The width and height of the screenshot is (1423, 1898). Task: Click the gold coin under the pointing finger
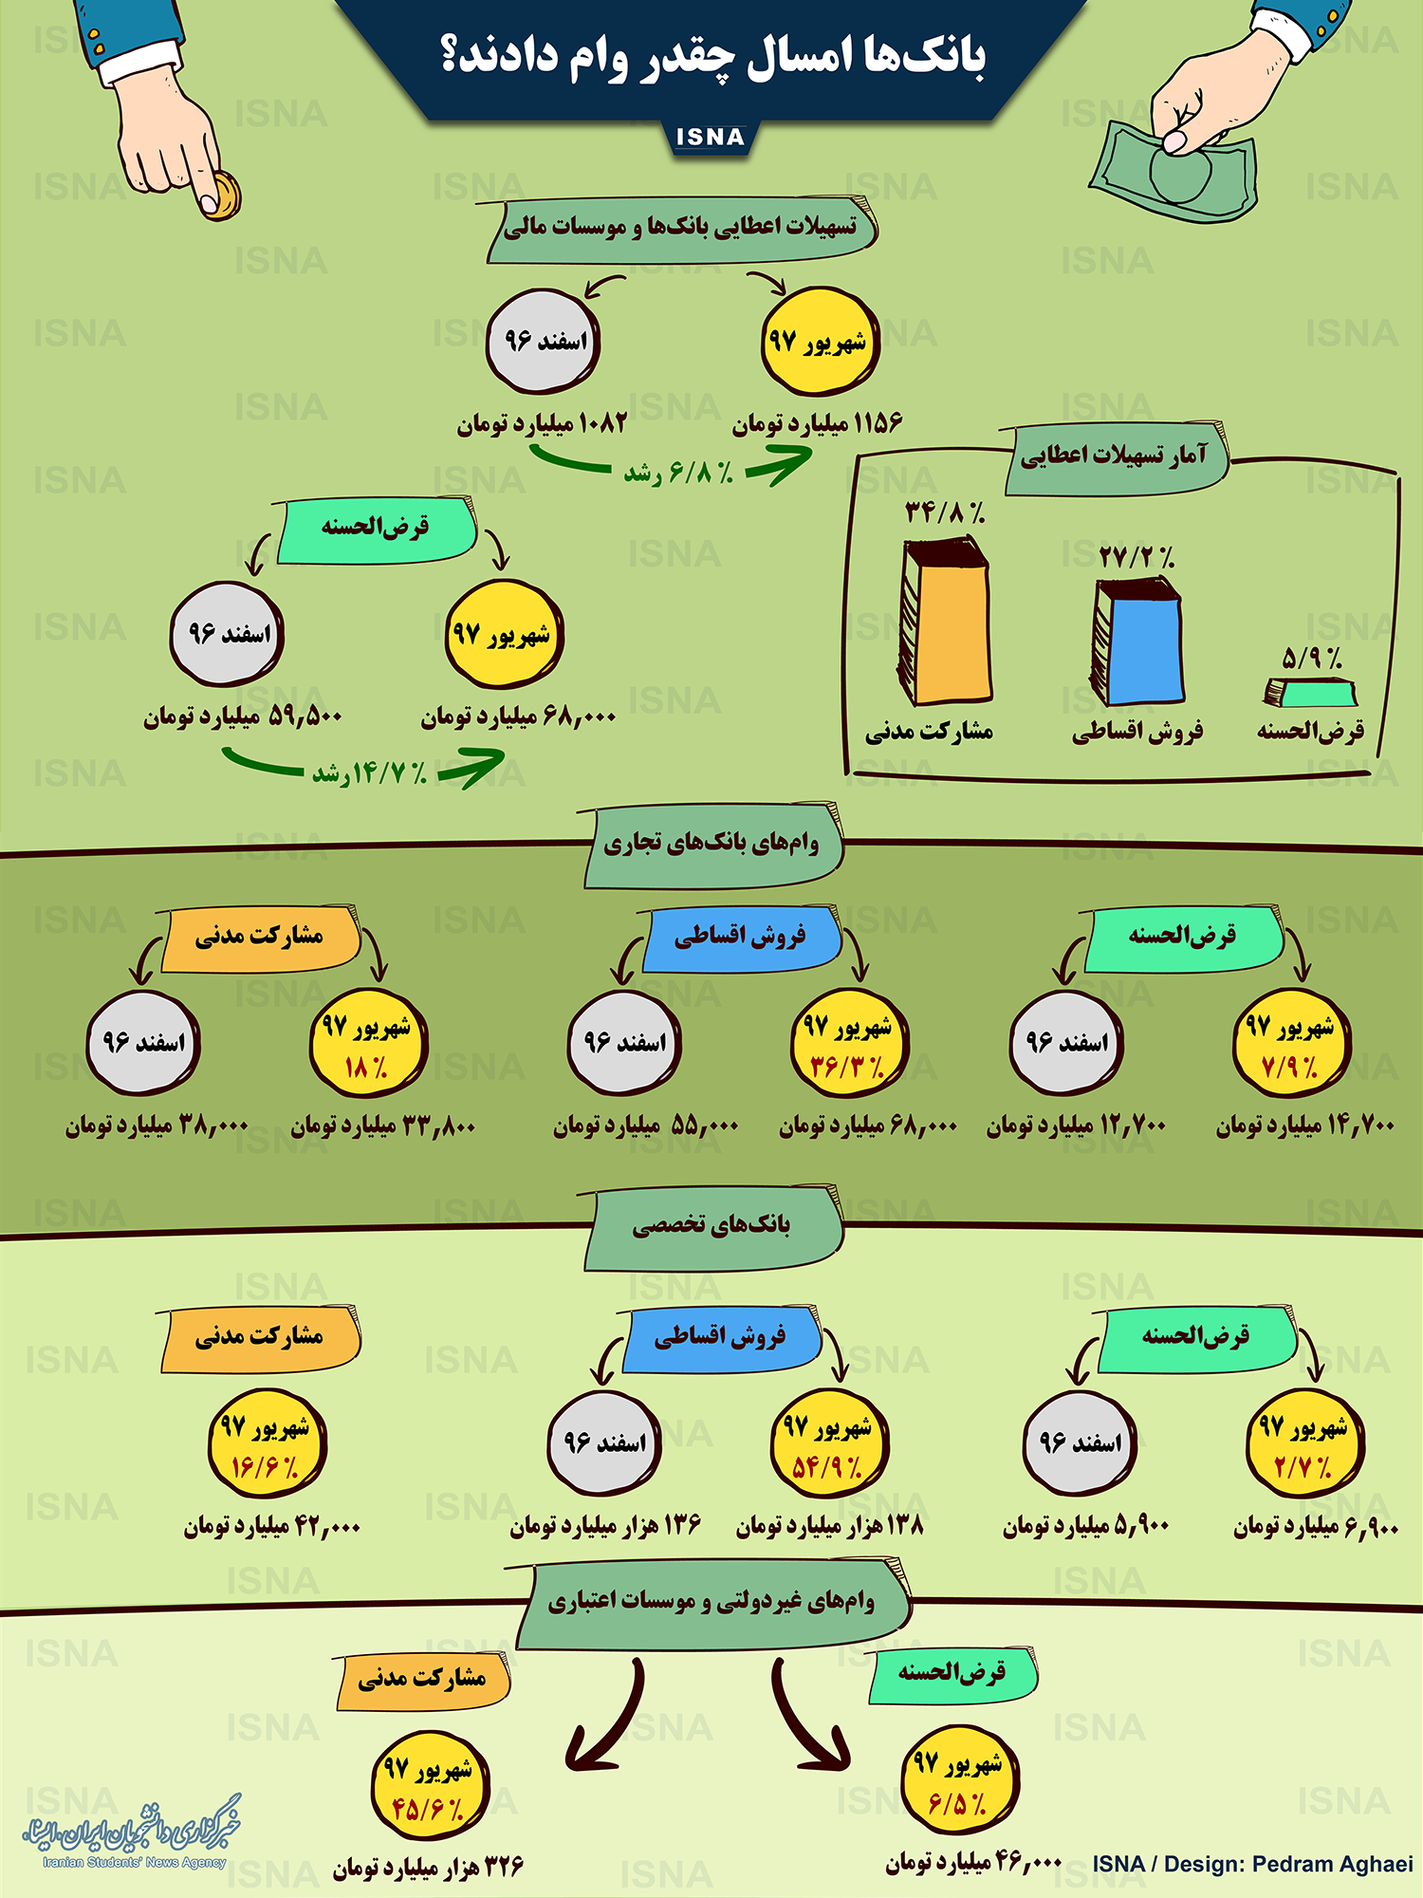point(222,196)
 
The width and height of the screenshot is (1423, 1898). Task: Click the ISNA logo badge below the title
point(710,138)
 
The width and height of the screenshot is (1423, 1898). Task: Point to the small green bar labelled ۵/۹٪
point(1311,693)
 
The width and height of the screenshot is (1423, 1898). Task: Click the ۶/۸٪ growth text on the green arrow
point(678,472)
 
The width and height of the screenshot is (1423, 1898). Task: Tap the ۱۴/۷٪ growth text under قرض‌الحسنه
point(370,773)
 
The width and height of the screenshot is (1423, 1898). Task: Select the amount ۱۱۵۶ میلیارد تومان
point(818,423)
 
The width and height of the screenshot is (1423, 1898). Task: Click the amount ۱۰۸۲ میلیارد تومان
point(543,423)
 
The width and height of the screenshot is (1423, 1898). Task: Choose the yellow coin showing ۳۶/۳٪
point(849,1044)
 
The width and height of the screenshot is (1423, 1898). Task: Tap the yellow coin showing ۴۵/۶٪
point(429,1787)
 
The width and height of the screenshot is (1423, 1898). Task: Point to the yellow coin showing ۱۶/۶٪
point(267,1444)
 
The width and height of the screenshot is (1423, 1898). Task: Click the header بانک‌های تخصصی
point(711,1226)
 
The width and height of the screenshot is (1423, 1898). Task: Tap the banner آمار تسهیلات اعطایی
point(1115,456)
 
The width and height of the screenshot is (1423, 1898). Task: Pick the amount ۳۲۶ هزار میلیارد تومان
point(429,1867)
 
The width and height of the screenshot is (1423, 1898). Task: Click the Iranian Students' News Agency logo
point(133,1833)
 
